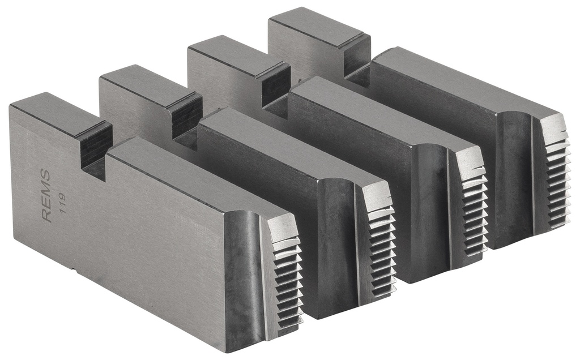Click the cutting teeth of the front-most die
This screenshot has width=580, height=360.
click(289, 283)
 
